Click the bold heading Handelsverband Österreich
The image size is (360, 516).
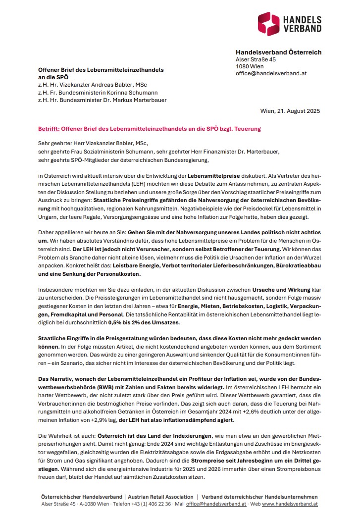pyautogui.click(x=278, y=52)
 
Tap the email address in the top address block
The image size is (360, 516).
pyautogui.click(x=271, y=73)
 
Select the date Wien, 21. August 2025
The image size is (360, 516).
pyautogui.click(x=290, y=110)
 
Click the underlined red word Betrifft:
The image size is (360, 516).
pyautogui.click(x=49, y=129)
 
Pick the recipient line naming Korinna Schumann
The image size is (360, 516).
pyautogui.click(x=98, y=92)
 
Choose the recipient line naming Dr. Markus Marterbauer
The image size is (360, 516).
pyautogui.click(x=103, y=100)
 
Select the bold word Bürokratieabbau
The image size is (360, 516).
pyautogui.click(x=295, y=266)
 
